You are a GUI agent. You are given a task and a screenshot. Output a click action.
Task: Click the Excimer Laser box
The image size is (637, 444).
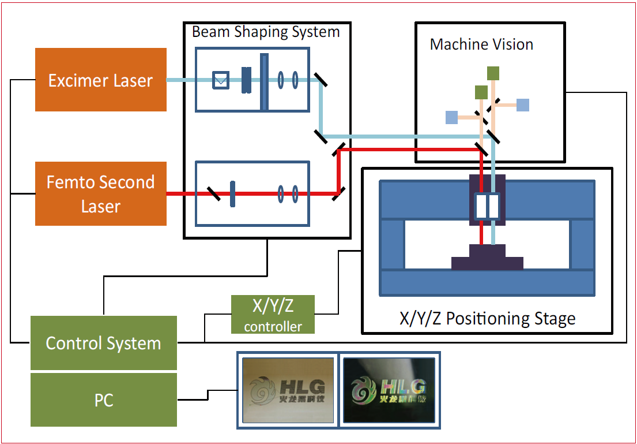(100, 80)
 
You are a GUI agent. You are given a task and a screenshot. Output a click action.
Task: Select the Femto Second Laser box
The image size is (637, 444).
(100, 193)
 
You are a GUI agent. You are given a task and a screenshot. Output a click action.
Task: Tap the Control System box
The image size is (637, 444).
(103, 343)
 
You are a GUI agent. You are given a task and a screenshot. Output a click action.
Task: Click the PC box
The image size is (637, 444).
(103, 400)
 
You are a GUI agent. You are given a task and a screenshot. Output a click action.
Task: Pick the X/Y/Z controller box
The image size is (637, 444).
(273, 314)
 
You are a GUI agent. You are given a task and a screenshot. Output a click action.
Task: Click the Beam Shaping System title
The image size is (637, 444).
(266, 31)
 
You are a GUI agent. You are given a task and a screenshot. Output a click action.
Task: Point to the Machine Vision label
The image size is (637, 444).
(481, 44)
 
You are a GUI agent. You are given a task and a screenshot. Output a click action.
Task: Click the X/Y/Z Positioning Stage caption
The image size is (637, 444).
(487, 318)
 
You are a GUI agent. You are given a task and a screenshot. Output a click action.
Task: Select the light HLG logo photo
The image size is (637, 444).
(288, 390)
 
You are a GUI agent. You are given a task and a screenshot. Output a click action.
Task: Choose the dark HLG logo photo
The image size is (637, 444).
(389, 390)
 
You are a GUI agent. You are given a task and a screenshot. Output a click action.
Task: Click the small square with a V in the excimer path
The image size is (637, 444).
(221, 80)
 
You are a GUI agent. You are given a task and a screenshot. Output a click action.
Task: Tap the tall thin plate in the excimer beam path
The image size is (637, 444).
(265, 81)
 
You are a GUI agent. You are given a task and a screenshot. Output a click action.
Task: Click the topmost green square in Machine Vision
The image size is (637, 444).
(493, 73)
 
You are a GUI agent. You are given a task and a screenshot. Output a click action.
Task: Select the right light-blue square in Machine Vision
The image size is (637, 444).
(522, 105)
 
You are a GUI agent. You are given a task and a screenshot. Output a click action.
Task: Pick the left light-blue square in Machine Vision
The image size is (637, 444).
(451, 117)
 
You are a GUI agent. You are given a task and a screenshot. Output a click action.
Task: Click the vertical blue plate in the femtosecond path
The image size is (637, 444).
(232, 193)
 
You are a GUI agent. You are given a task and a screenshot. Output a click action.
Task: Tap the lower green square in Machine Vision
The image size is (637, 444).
(481, 92)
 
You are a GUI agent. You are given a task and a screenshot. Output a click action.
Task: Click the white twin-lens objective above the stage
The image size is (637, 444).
(487, 206)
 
